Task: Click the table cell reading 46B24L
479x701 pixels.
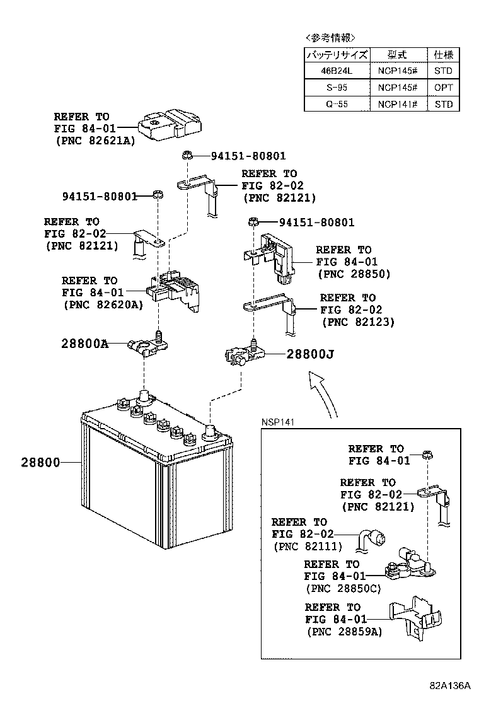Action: [337, 71]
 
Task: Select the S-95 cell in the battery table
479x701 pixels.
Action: [337, 88]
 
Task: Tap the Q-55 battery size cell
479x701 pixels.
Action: [337, 104]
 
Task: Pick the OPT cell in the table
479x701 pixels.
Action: [443, 88]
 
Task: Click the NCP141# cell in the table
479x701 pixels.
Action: [398, 104]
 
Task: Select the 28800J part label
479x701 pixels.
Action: [309, 355]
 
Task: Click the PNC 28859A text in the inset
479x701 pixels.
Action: [344, 632]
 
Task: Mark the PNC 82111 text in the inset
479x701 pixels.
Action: [308, 546]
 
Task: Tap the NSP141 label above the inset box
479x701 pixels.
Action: [279, 422]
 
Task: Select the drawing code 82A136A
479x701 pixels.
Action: [451, 685]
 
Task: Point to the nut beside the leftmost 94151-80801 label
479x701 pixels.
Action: [158, 195]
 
